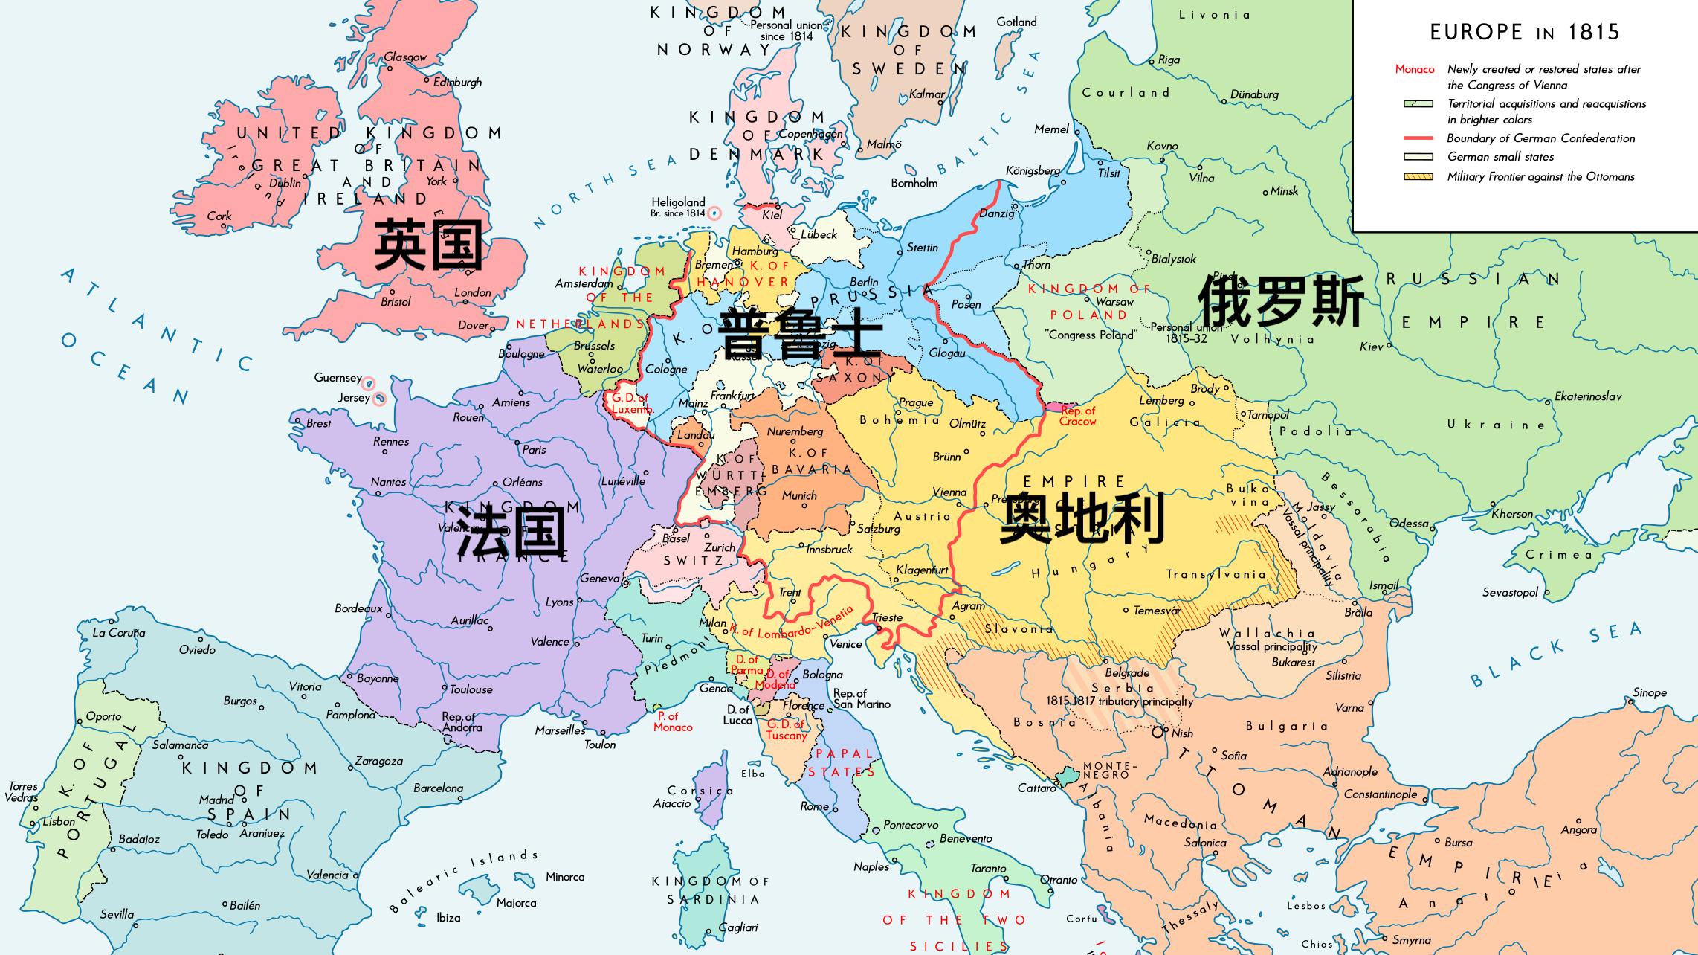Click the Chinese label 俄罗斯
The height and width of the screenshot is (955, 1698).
(x=1282, y=301)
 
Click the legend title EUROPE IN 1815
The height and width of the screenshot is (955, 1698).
(x=1524, y=32)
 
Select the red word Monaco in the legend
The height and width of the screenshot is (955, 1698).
(x=1414, y=69)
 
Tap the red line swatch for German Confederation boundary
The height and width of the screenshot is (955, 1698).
(x=1418, y=138)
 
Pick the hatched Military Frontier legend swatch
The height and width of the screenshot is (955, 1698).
(x=1418, y=177)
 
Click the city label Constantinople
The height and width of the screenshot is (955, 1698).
(x=1380, y=794)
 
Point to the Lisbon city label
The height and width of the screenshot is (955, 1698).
(x=58, y=821)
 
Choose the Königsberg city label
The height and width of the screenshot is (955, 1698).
(x=1033, y=170)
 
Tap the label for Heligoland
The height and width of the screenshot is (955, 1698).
(x=678, y=202)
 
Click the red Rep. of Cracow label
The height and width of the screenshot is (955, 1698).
(x=1077, y=416)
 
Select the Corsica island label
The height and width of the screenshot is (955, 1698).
(x=700, y=791)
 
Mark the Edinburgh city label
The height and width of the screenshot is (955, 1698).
(x=457, y=82)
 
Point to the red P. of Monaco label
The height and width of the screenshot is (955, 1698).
(x=672, y=721)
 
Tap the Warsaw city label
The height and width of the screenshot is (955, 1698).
(x=1114, y=301)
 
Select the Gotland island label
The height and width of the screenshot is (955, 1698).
(x=1016, y=22)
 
